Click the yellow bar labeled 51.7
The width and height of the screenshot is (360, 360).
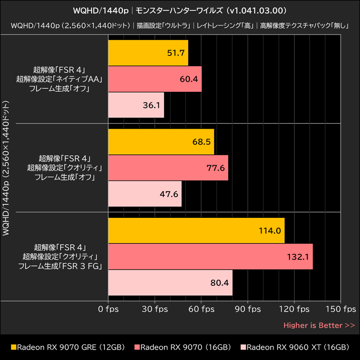point(148,53)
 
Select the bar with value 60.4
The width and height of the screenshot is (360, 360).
point(155,79)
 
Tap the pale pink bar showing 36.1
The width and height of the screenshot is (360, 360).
point(136,105)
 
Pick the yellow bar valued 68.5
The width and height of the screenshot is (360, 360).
point(161,142)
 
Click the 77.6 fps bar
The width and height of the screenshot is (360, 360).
point(168,168)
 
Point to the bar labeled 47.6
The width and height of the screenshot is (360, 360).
point(145,194)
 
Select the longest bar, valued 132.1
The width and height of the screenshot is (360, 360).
point(211,256)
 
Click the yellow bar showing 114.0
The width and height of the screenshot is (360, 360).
point(196,230)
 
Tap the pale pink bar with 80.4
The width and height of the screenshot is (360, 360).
point(171,283)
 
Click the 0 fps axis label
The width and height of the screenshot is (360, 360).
point(108,309)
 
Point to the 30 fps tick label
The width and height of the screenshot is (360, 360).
point(155,309)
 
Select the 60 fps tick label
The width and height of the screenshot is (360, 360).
point(201,309)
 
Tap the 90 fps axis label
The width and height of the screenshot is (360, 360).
point(248,309)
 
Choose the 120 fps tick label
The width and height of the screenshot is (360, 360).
point(294,309)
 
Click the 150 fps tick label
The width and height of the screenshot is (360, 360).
point(341,309)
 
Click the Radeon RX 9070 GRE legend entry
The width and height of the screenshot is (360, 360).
point(68,347)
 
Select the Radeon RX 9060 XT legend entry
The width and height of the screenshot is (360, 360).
point(295,347)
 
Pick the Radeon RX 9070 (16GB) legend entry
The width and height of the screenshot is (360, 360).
point(183,347)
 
